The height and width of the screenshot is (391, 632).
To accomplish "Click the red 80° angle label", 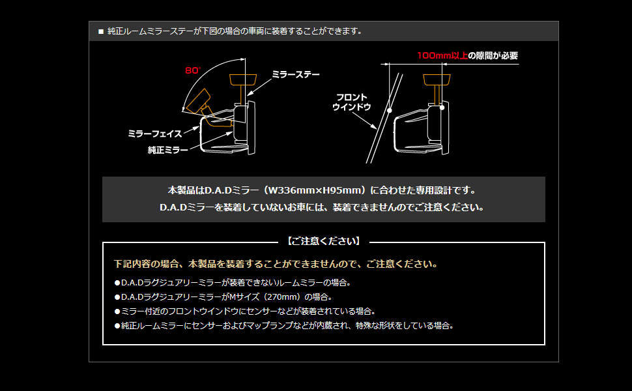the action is click(x=193, y=70).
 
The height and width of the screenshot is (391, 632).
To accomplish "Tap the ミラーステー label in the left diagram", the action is click(x=295, y=74).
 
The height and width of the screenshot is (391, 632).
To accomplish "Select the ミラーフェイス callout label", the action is click(x=154, y=134).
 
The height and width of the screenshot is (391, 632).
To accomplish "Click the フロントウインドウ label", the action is click(x=351, y=102).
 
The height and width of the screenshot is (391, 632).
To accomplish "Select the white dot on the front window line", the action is click(x=388, y=111).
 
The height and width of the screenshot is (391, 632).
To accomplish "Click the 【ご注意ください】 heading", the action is click(x=323, y=241).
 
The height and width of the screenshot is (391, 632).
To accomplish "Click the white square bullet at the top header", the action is click(x=101, y=31).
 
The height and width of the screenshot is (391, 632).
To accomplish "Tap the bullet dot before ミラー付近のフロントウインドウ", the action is click(x=117, y=311).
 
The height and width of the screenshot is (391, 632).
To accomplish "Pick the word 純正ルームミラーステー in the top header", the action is click(x=149, y=31).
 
